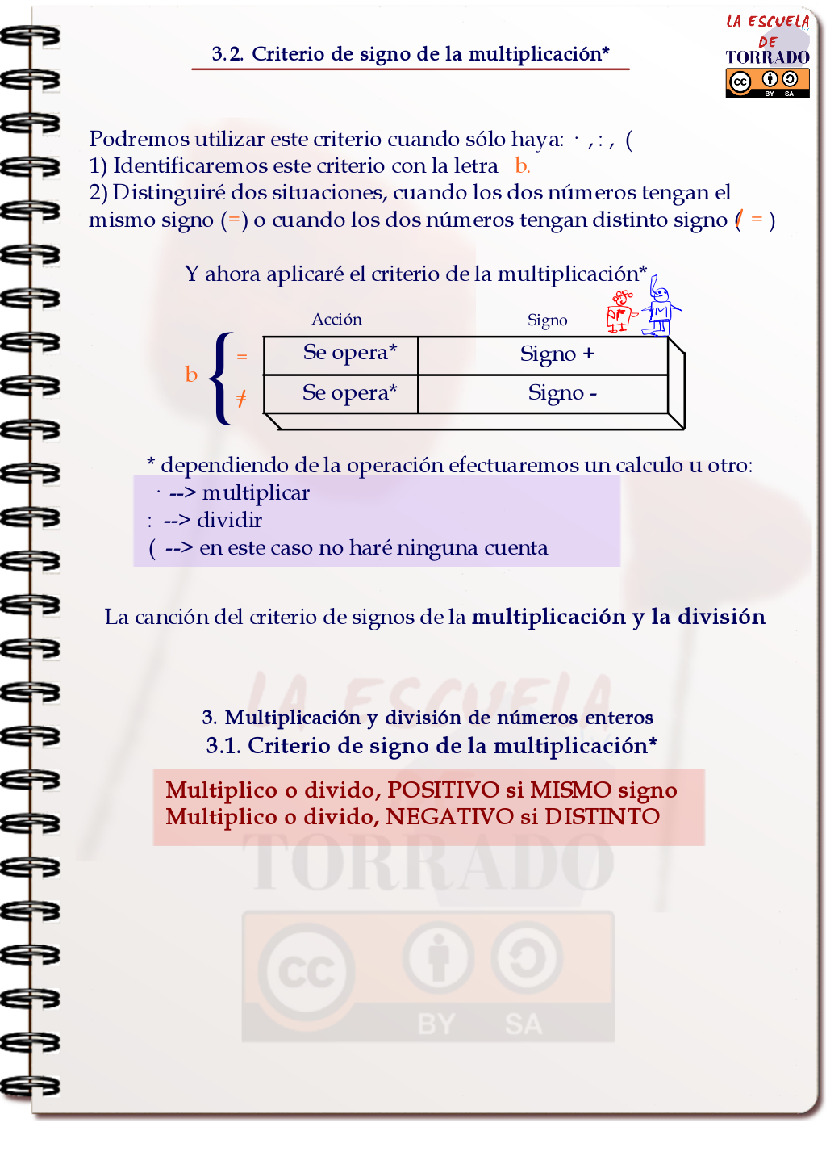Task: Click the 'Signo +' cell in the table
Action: point(557,354)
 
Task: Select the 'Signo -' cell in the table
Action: point(562,393)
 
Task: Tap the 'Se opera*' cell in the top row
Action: point(349,353)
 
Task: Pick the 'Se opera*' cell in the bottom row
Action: point(349,393)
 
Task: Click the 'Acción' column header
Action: point(336,320)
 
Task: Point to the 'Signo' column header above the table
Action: point(547,320)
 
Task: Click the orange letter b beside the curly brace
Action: point(191,375)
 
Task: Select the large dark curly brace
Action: point(220,378)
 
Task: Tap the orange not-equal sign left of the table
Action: point(241,398)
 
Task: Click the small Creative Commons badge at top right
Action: point(767,82)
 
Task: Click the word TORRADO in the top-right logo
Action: point(767,57)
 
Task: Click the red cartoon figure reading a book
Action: point(620,312)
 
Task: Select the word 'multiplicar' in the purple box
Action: point(256,493)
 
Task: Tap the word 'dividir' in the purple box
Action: point(229,521)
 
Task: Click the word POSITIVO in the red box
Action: point(444,790)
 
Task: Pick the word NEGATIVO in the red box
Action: point(449,817)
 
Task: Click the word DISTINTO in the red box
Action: point(602,817)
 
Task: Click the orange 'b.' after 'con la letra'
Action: point(522,166)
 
